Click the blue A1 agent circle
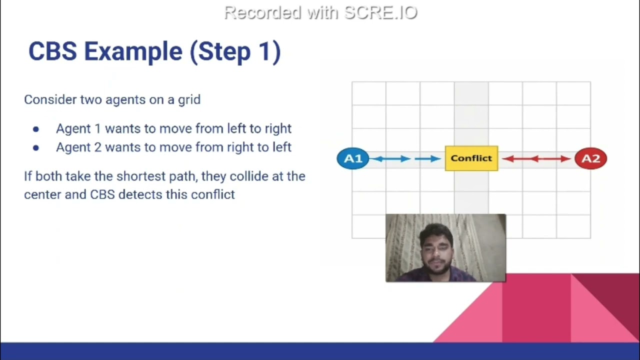[x=353, y=158]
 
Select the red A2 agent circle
[x=590, y=158]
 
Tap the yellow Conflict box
[x=471, y=158]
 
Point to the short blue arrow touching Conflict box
[x=428, y=159]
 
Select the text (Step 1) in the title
[x=235, y=51]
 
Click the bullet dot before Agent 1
[x=36, y=129]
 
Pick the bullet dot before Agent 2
[x=36, y=147]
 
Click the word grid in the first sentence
[x=189, y=99]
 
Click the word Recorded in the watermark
[x=263, y=13]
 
